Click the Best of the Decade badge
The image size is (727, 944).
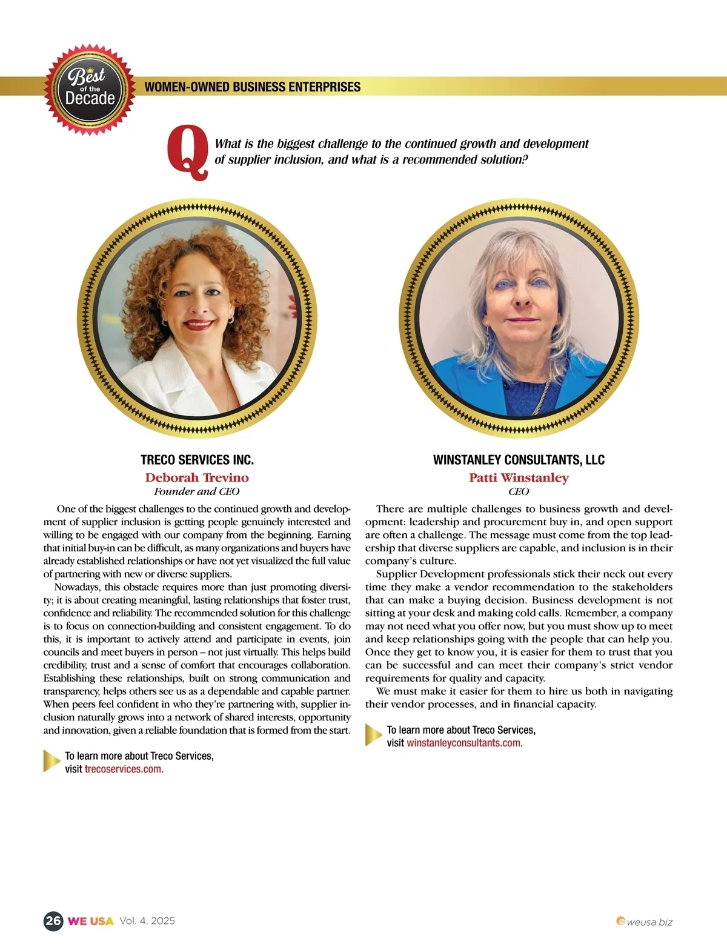90,90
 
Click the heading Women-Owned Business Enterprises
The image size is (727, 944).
252,87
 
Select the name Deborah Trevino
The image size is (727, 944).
197,477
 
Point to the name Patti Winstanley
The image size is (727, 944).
519,477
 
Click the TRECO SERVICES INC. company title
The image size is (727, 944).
197,460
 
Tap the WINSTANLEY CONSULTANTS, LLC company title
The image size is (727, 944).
519,460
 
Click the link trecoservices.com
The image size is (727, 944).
124,769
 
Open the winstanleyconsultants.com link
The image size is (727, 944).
464,743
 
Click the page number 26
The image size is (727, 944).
53,921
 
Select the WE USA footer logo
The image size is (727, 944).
91,921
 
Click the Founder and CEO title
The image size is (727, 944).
197,491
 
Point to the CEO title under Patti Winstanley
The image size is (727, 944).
519,491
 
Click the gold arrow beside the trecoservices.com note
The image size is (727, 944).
51,762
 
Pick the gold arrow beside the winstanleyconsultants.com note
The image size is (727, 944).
373,735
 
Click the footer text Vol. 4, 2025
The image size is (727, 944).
147,921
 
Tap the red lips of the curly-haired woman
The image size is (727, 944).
199,325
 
